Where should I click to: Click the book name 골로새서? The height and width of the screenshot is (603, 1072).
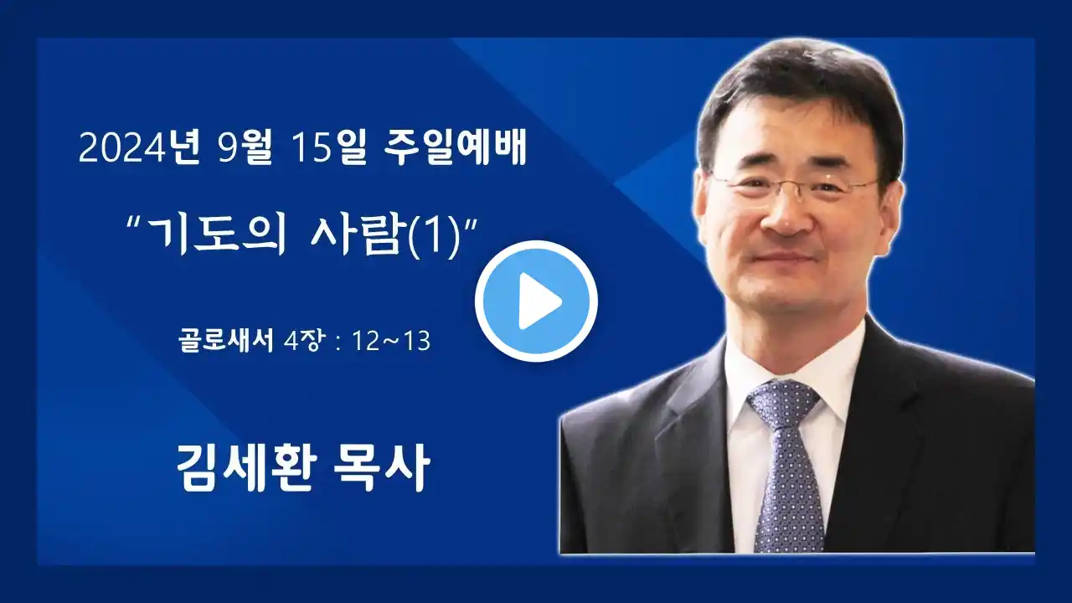click(226, 340)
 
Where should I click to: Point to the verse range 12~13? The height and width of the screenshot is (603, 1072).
click(391, 341)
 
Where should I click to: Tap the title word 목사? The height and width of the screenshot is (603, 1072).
click(381, 466)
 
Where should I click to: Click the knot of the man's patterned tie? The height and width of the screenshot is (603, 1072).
click(783, 403)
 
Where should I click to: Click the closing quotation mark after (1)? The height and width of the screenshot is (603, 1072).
click(471, 223)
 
